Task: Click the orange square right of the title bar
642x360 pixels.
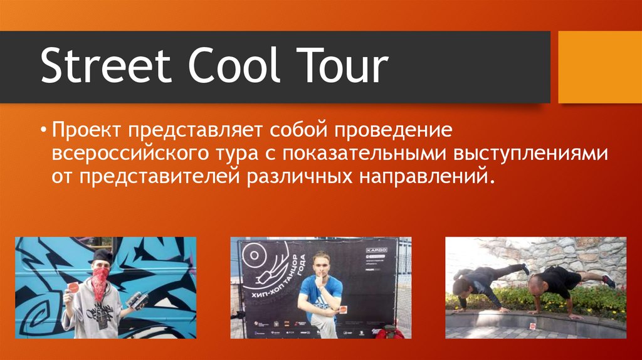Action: coord(599,67)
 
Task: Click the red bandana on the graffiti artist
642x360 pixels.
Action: coord(100,282)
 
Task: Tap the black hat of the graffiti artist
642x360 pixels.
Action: coord(100,256)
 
